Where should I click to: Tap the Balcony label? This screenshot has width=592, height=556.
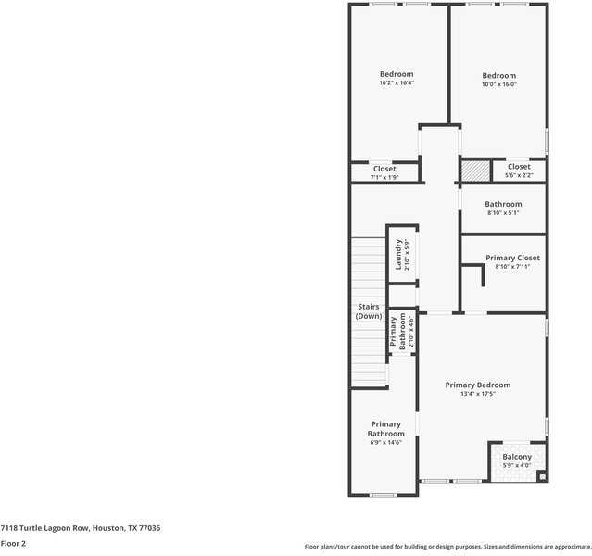(x=517, y=457)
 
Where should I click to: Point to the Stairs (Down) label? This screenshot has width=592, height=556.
(x=368, y=311)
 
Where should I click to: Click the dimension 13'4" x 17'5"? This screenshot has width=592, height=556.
(x=477, y=394)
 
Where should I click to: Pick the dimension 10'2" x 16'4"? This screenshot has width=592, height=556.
(x=396, y=82)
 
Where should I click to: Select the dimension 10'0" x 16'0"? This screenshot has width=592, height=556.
(x=498, y=84)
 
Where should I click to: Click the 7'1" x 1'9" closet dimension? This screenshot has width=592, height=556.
(x=384, y=178)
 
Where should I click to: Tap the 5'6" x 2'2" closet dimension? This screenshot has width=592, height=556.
(x=519, y=175)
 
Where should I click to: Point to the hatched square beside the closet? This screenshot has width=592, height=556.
(x=475, y=171)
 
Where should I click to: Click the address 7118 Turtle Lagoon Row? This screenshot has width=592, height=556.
(x=81, y=527)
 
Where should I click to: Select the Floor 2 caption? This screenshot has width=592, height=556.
(x=13, y=543)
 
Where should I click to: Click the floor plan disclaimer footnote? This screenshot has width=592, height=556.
(x=447, y=546)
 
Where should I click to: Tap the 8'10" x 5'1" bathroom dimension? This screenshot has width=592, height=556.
(x=503, y=212)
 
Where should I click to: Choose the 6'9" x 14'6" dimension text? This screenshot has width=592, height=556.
(x=385, y=442)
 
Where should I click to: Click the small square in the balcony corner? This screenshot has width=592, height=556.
(x=542, y=476)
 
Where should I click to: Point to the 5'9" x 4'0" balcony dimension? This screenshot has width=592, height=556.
(x=517, y=465)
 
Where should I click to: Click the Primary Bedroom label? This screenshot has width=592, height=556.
(x=477, y=385)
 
